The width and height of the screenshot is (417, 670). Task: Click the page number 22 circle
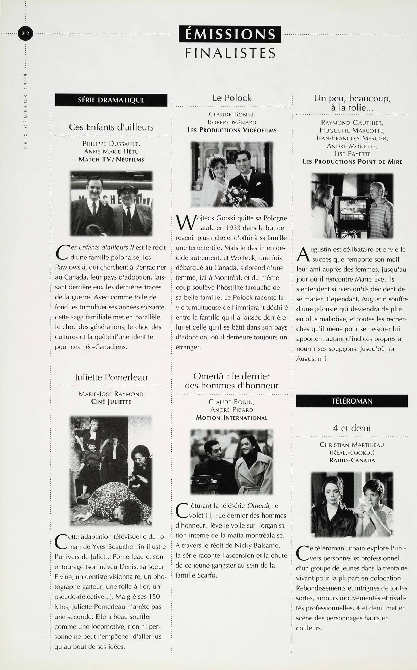point(25,33)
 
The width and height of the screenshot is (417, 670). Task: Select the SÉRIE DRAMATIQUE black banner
point(111,100)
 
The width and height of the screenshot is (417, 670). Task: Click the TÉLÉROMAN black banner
point(352,401)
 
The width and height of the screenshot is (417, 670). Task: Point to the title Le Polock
point(232,98)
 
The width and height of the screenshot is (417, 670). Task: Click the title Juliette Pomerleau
point(111,377)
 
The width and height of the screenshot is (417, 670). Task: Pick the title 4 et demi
point(352,428)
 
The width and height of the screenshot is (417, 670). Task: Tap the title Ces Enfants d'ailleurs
point(111,127)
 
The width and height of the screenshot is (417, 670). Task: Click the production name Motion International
point(231,418)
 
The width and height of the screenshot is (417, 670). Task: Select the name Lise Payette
point(352,154)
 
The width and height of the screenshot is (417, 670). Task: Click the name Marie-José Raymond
point(111,394)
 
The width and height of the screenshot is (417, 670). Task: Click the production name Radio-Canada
point(352,460)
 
